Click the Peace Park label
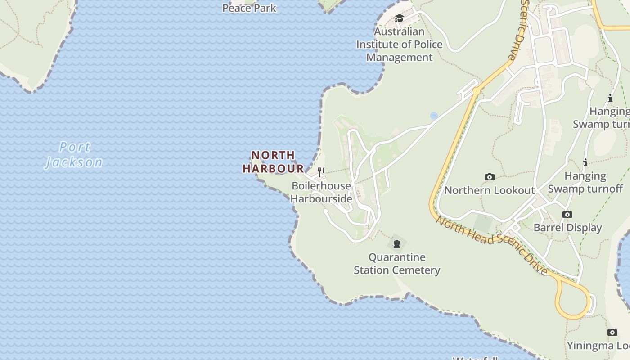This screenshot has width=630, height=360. [249, 8]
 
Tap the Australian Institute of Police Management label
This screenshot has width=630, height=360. [399, 44]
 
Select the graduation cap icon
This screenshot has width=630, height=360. [399, 18]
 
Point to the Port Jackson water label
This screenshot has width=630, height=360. [74, 154]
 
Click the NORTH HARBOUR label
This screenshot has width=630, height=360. [273, 162]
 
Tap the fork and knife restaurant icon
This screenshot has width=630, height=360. [321, 172]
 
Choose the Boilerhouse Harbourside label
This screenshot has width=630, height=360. [321, 192]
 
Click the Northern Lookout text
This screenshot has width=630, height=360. [490, 190]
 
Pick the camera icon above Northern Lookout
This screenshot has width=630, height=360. [490, 177]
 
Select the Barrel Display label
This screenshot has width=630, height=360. [567, 227]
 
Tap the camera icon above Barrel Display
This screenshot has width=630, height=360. [567, 215]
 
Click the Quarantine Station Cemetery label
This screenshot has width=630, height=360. [396, 264]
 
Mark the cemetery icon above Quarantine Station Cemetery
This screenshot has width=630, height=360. [396, 244]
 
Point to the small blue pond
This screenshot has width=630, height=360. [434, 116]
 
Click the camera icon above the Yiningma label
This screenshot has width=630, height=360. [612, 333]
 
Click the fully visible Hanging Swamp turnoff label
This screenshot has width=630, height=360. [585, 182]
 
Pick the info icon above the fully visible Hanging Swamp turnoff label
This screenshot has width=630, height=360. [585, 162]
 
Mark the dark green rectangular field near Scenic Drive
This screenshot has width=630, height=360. [482, 223]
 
